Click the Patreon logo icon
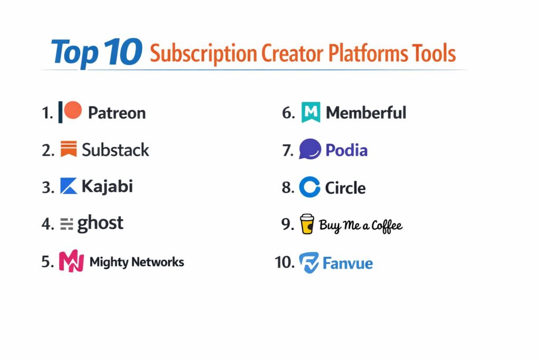(x=70, y=112)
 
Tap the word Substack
(x=115, y=150)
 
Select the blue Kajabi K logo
(x=69, y=186)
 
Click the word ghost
(x=100, y=223)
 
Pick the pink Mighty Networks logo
(x=71, y=261)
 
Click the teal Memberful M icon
(x=311, y=112)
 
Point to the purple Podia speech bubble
(x=310, y=149)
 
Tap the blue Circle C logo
(x=310, y=187)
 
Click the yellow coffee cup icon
(x=307, y=224)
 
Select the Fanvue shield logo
(x=308, y=262)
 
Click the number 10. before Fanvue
(x=284, y=262)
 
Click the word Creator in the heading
(x=292, y=53)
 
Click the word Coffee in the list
(x=387, y=226)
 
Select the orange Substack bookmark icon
(x=69, y=149)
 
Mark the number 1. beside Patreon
(x=47, y=113)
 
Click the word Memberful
(x=366, y=113)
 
